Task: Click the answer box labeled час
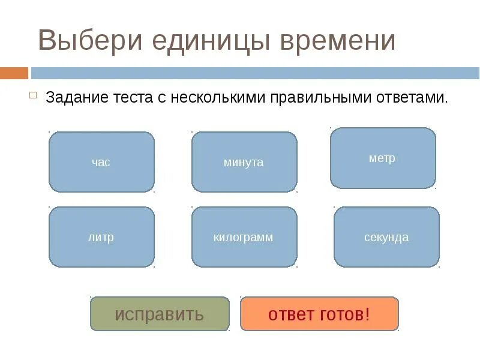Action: click(101, 162)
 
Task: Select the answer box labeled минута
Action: click(244, 162)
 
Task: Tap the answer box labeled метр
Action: click(383, 158)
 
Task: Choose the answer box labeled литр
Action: click(101, 237)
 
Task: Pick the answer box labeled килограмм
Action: click(244, 237)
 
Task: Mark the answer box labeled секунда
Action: click(386, 237)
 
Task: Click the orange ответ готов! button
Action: click(319, 314)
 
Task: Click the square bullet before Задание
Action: click(34, 95)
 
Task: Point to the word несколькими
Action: click(217, 97)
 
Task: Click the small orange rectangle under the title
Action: click(14, 73)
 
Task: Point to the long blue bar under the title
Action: click(255, 73)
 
